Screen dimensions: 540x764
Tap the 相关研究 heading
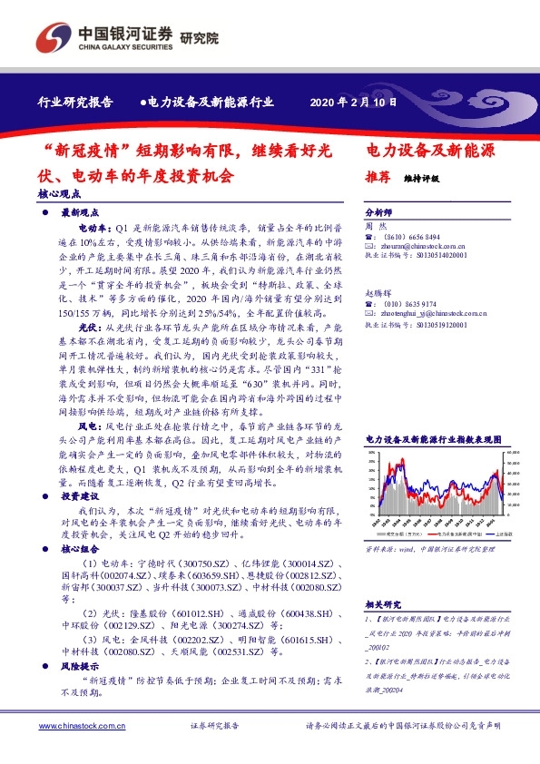(x=383, y=603)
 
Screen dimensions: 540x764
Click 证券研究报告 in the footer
(x=215, y=726)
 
